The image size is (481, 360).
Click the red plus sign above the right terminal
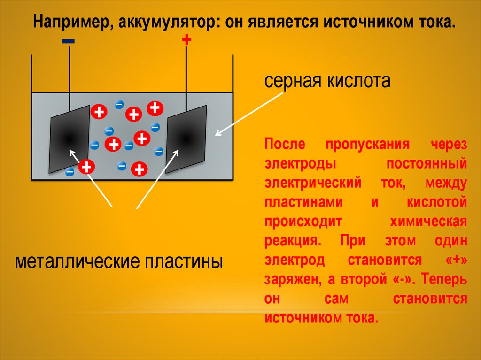pos(186,40)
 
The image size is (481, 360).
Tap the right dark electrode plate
pos(186,138)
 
